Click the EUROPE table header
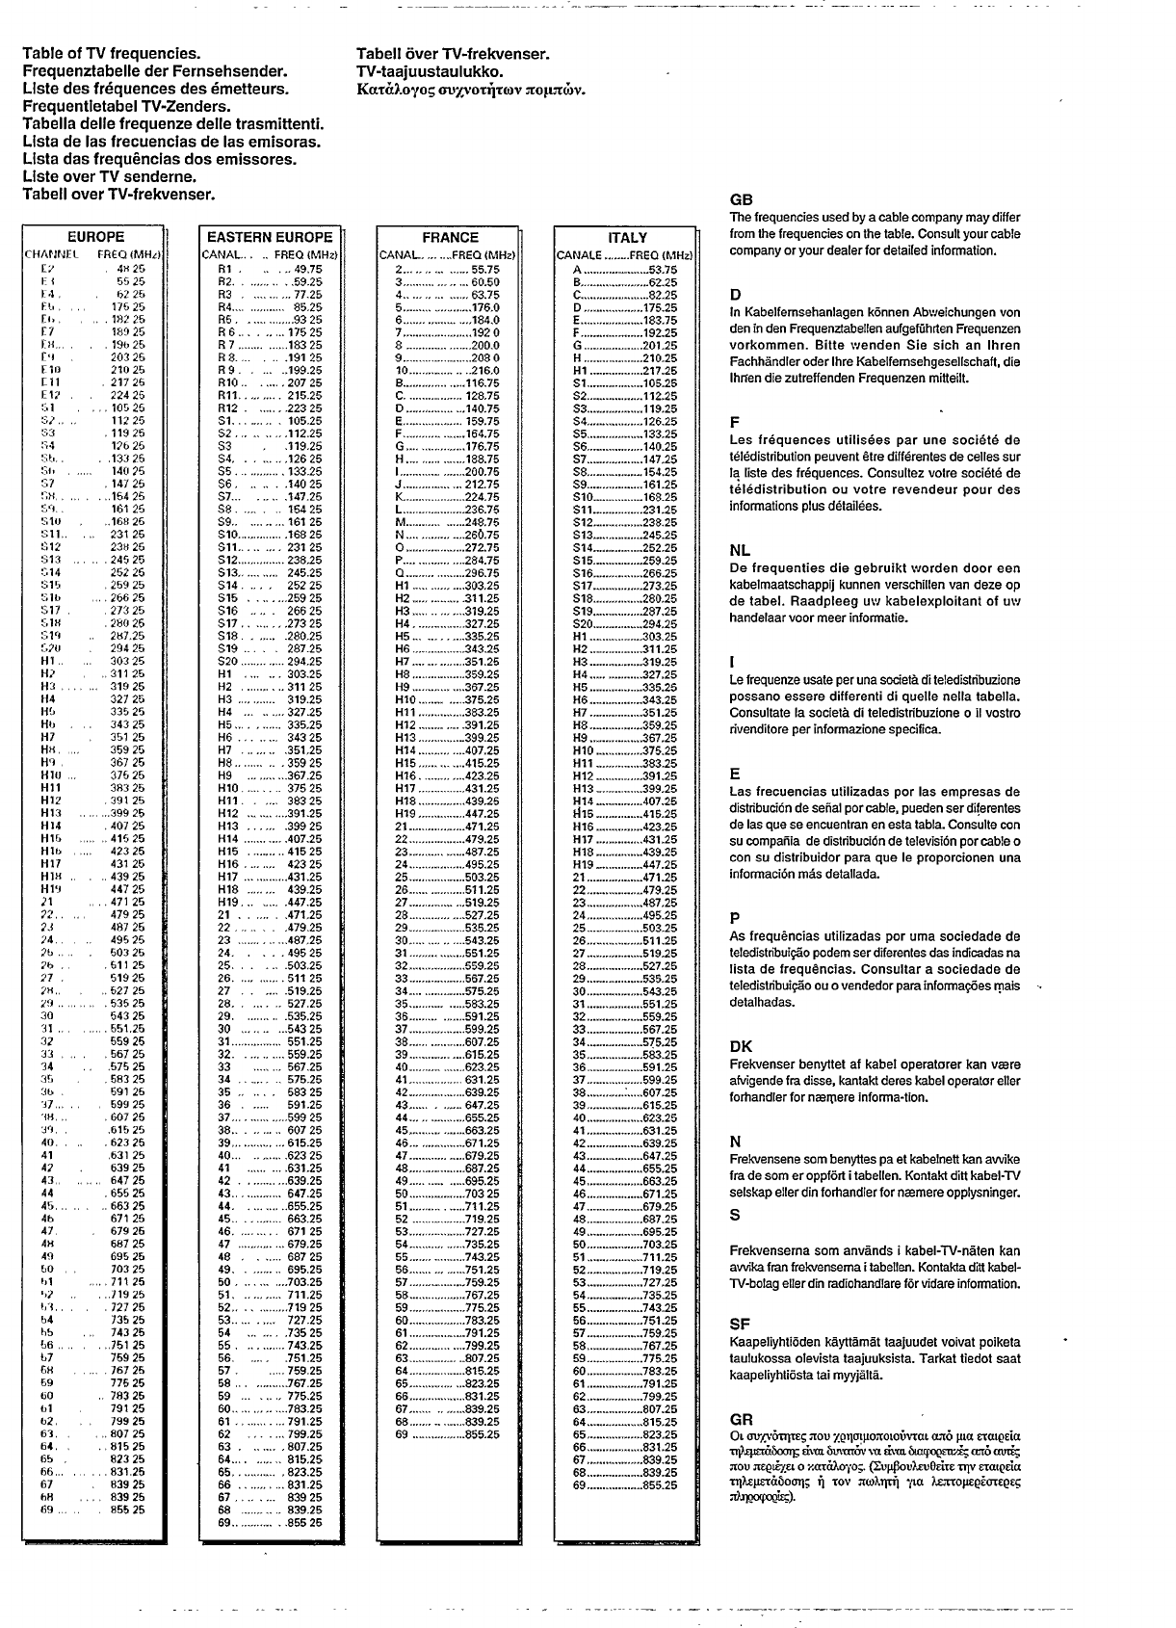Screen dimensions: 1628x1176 tap(96, 237)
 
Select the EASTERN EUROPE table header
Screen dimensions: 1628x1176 tap(270, 237)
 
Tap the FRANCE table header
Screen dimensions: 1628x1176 tap(450, 237)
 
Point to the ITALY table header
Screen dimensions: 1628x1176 tap(628, 238)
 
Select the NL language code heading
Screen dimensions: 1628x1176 tap(740, 551)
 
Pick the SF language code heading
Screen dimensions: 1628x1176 tap(740, 1325)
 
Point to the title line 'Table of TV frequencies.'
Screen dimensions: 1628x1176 tap(111, 54)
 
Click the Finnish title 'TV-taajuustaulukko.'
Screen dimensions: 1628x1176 tap(430, 71)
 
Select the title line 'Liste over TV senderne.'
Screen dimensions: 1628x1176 tap(110, 177)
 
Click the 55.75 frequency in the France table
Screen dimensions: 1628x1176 tap(484, 270)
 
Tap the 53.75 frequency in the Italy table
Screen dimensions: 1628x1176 tap(663, 271)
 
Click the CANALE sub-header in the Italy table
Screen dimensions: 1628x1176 tap(579, 255)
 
